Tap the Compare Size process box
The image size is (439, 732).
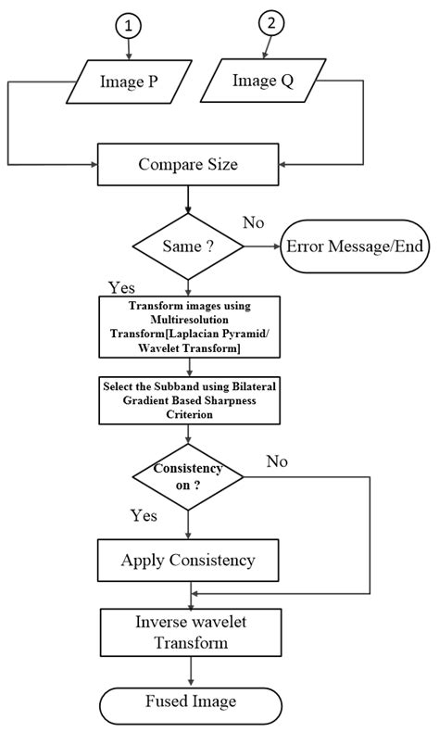tap(188, 165)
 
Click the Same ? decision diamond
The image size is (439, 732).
tap(188, 246)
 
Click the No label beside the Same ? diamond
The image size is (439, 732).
tap(253, 222)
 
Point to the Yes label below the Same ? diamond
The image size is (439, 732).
tap(122, 287)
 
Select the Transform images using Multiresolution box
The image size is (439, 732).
tap(188, 325)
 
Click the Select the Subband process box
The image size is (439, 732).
tap(188, 398)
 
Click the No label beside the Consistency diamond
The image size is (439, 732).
tap(277, 461)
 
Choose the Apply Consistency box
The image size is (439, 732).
tap(188, 560)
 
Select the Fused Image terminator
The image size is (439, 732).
tap(188, 701)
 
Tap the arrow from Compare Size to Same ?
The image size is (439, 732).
tap(188, 200)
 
